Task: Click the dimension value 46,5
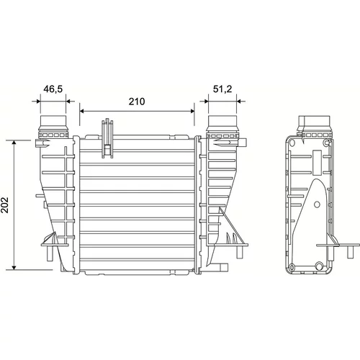53,89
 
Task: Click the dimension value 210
137,102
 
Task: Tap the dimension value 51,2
222,89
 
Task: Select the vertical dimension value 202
5,205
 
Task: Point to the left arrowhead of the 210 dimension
82,111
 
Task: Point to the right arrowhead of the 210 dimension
192,111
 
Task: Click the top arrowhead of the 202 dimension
14,143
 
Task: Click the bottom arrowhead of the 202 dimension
14,267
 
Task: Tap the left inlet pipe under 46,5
53,124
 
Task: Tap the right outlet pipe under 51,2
222,124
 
